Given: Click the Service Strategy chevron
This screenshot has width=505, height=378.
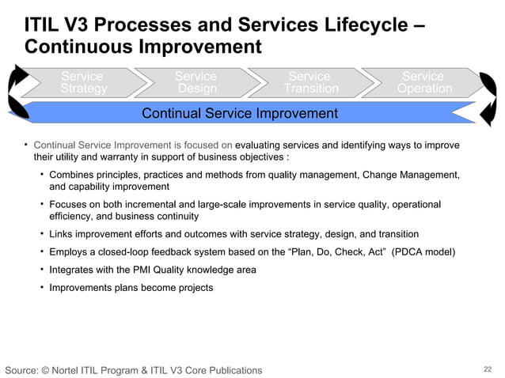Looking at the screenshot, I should pyautogui.click(x=82, y=83).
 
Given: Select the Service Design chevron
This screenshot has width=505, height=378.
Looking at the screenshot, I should pyautogui.click(x=196, y=83).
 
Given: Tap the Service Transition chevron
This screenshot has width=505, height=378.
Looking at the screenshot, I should pyautogui.click(x=309, y=83).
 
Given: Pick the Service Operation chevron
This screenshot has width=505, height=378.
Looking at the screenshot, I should pyautogui.click(x=423, y=83).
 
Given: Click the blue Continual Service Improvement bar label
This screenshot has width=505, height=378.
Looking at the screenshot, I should pyautogui.click(x=239, y=114).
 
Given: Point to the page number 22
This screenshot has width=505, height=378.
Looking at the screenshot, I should pyautogui.click(x=488, y=369).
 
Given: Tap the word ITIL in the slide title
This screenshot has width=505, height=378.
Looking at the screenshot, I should pyautogui.click(x=44, y=25).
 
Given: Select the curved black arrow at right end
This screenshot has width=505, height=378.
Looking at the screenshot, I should pyautogui.click(x=491, y=99).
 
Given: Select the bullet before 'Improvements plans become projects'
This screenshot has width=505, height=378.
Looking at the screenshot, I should pyautogui.click(x=42, y=287).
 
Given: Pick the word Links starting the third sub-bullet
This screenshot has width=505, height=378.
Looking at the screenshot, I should pyautogui.click(x=61, y=235).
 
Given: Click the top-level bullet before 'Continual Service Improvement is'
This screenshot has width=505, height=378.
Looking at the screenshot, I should pyautogui.click(x=25, y=145).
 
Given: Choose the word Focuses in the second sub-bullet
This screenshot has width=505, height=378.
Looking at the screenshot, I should pyautogui.click(x=69, y=204).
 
